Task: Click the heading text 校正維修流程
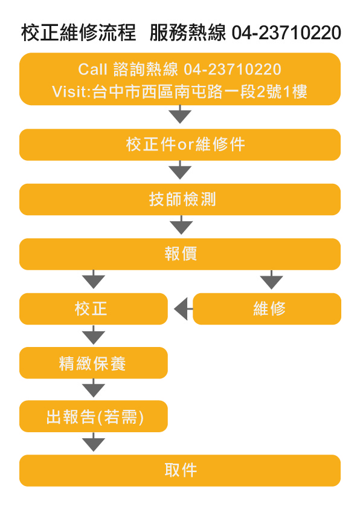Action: pos(79,33)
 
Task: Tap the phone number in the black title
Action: pos(286,33)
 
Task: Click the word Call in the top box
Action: pos(92,69)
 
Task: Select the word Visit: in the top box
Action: pos(71,91)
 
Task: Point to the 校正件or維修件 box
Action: pos(180,144)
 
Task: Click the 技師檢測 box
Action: pos(180,199)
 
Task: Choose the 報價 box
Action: pos(180,254)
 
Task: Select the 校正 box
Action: pos(94,309)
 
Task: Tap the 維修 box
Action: pos(267,309)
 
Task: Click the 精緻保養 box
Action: pos(94,363)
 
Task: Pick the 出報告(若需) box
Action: pos(94,417)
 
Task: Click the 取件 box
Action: pos(180,470)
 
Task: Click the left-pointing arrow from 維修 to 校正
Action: pos(183,309)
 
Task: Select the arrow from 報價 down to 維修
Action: pos(271,279)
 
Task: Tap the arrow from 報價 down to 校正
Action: pos(94,279)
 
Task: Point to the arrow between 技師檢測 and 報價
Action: pos(181,225)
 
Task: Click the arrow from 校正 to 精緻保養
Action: pos(94,335)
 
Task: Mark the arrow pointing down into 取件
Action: pos(94,442)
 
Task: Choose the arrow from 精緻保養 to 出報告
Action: pos(94,388)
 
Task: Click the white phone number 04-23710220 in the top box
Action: pos(232,69)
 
